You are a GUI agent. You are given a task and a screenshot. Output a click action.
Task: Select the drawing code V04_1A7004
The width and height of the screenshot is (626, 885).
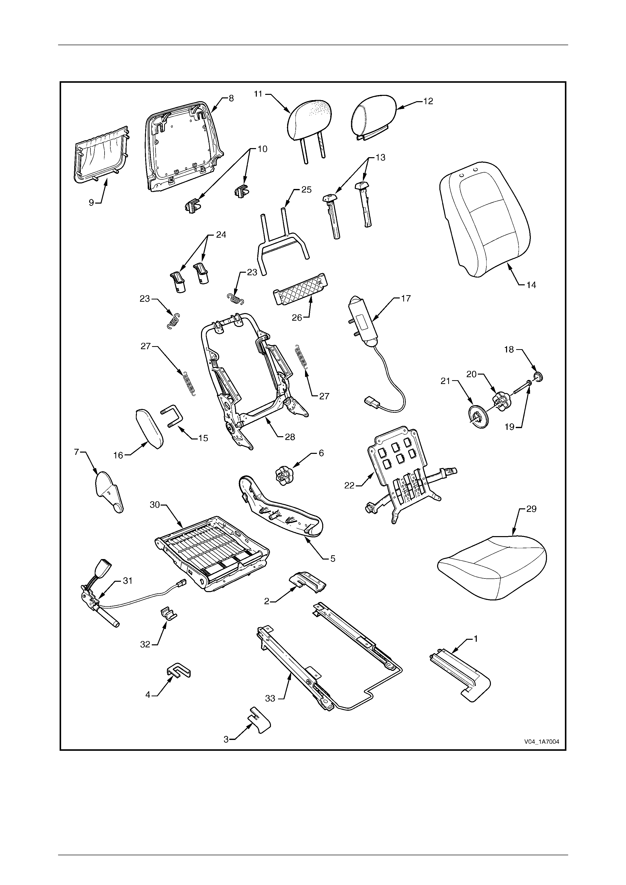coord(541,742)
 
